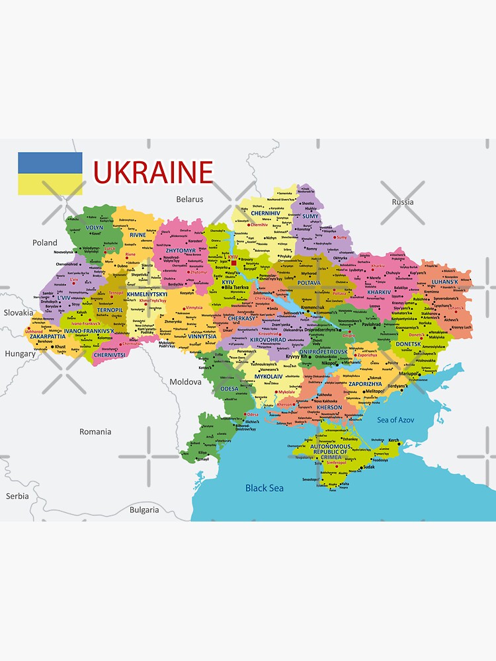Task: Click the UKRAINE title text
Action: click(x=153, y=172)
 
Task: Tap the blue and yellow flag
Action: click(x=50, y=174)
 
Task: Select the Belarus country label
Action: click(x=190, y=199)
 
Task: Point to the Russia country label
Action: click(x=402, y=202)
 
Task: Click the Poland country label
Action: click(x=45, y=243)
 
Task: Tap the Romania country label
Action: click(x=95, y=432)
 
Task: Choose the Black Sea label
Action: click(x=265, y=488)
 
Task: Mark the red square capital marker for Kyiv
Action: click(x=233, y=262)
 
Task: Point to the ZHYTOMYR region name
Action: click(x=181, y=251)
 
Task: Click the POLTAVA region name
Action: click(x=309, y=282)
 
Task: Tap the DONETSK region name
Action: click(x=408, y=344)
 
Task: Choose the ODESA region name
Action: click(x=229, y=389)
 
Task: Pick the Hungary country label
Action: click(x=20, y=354)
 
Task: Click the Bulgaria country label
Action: click(x=144, y=510)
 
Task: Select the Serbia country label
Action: click(x=17, y=496)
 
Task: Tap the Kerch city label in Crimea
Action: click(x=393, y=440)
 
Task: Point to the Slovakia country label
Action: click(x=19, y=313)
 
